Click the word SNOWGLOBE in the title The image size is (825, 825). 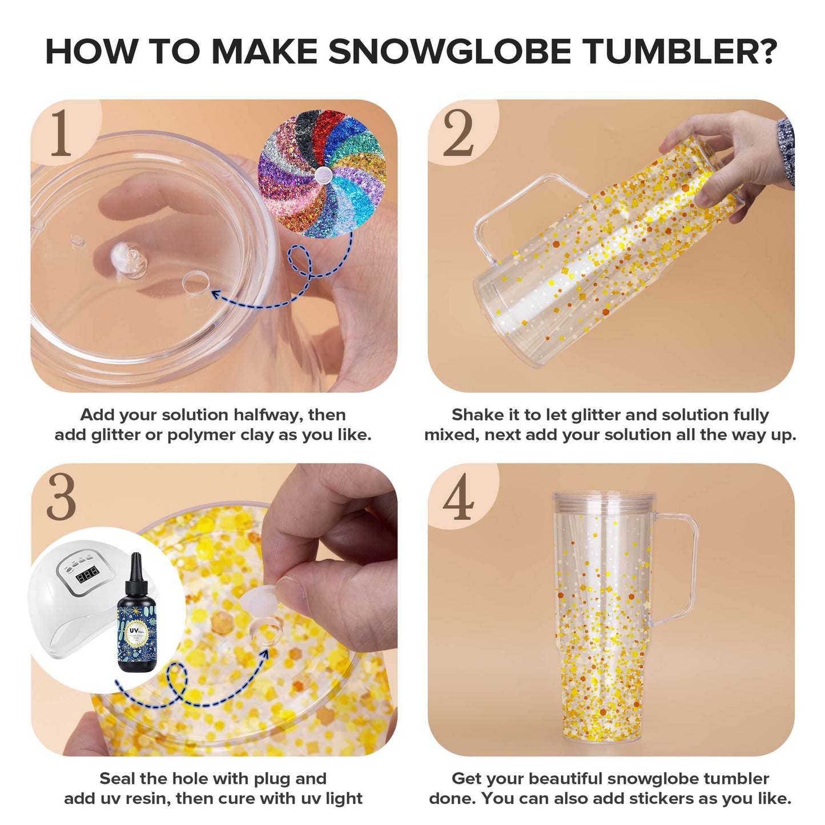click(449, 51)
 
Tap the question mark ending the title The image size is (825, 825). click(766, 51)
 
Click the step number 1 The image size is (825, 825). click(61, 134)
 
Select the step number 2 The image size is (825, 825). click(458, 134)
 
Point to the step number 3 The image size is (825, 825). click(61, 497)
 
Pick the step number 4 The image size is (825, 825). click(458, 497)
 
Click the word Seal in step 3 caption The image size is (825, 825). click(117, 778)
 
